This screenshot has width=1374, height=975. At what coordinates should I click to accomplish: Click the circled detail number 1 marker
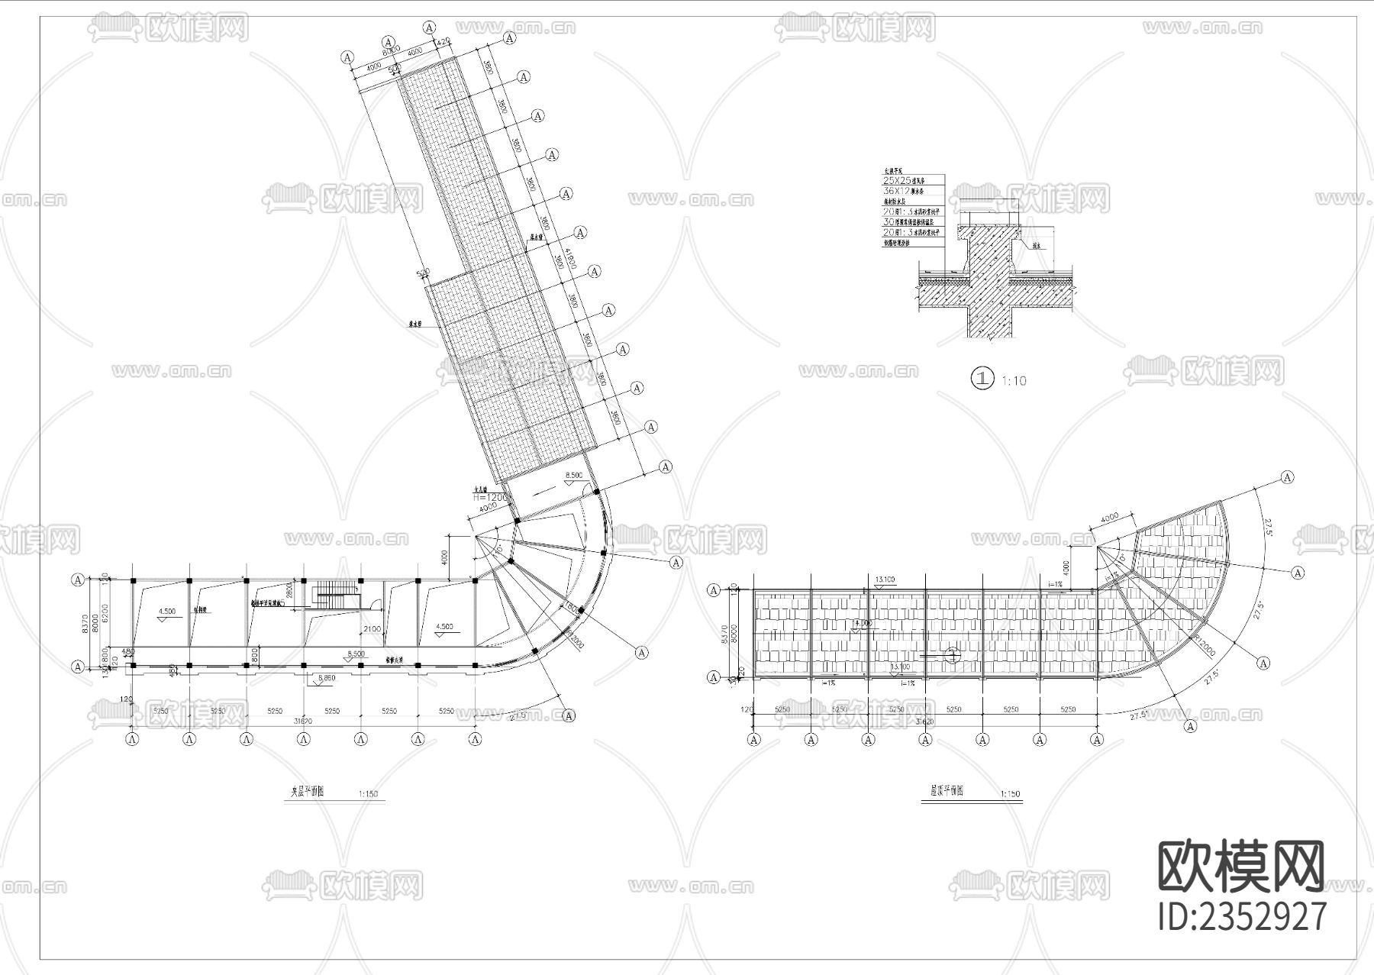click(982, 378)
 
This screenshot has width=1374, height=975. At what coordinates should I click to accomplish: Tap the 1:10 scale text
click(1014, 380)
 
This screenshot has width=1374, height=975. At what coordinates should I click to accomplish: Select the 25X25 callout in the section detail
click(896, 181)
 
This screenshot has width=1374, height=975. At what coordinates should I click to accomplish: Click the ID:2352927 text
click(1242, 916)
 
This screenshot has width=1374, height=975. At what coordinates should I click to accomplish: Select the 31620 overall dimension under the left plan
click(303, 720)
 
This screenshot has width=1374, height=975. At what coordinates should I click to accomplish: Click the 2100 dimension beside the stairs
click(372, 628)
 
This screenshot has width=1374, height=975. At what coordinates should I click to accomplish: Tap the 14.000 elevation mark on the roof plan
click(862, 623)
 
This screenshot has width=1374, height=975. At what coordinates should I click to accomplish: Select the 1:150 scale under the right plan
click(1010, 794)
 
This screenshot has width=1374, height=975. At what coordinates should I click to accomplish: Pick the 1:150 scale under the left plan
click(368, 794)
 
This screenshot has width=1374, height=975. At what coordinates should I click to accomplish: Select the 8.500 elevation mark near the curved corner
click(573, 475)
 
